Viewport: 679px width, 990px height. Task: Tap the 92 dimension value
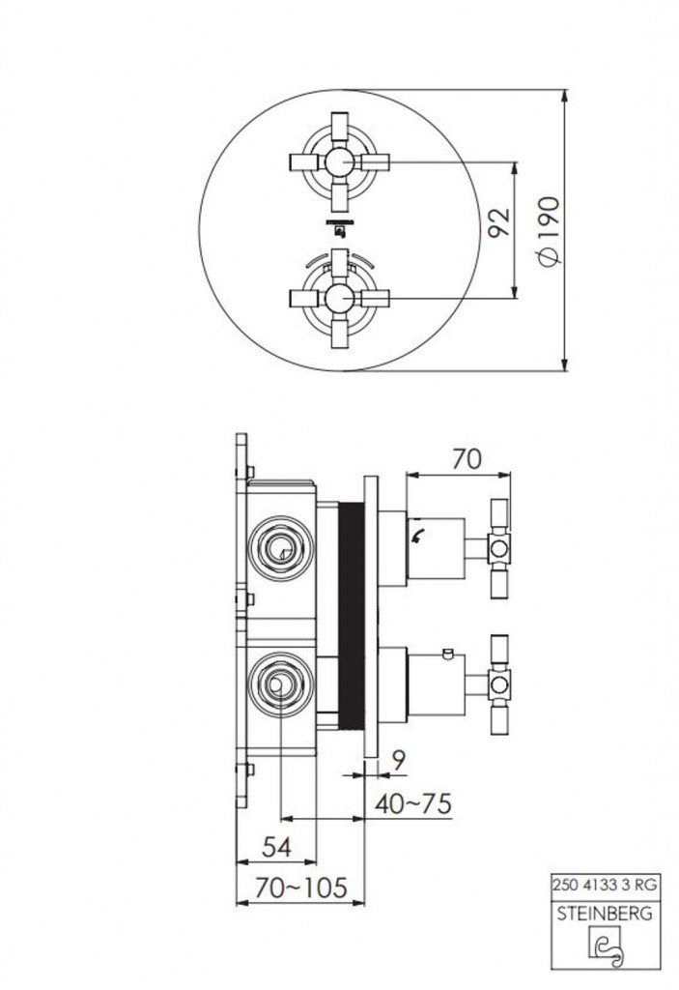pos(499,222)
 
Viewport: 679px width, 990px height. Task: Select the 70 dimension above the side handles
pos(467,459)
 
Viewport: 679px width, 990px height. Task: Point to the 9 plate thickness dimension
pos(398,762)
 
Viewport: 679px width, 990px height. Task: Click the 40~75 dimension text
pos(413,803)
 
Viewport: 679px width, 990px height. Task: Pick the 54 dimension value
pos(276,847)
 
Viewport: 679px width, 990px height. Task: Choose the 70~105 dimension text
pos(301,888)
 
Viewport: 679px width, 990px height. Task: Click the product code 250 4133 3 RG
pos(605,886)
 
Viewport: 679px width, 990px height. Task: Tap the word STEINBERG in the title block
pos(605,914)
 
